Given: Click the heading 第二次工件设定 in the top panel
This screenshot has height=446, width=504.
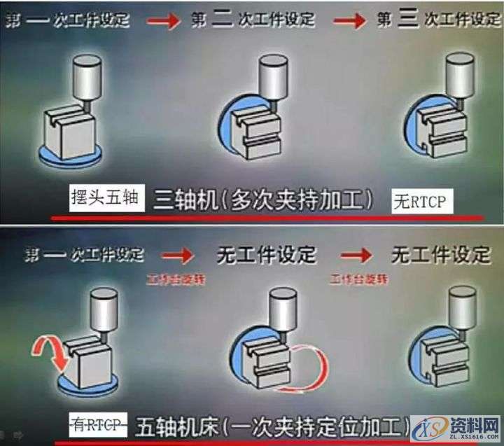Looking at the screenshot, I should [x=253, y=20].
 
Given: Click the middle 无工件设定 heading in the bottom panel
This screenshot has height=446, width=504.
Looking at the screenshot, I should [x=267, y=253].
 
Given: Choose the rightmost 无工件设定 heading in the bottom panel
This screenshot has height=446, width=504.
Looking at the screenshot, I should [x=440, y=253].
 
